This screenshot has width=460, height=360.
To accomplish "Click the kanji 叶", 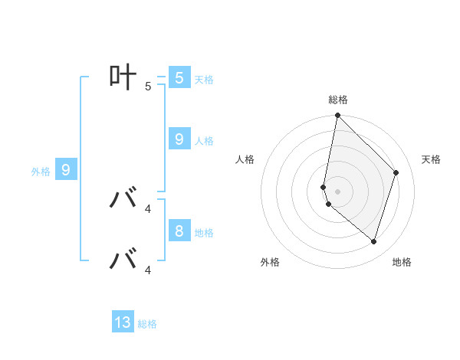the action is [x=123, y=77].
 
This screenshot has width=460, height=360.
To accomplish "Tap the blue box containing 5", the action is [x=179, y=78].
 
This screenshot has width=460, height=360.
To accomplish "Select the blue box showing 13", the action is [x=123, y=322].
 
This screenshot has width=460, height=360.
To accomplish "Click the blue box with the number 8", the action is [x=179, y=231].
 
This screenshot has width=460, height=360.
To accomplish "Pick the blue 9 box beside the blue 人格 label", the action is [x=179, y=139].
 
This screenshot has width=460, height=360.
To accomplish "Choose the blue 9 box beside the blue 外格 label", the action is [x=66, y=170].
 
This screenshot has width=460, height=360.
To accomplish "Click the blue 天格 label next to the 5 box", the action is [x=204, y=79].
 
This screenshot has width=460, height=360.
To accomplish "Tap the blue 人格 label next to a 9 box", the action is [x=204, y=141].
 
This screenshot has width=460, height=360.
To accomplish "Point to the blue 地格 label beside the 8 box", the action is [x=204, y=232].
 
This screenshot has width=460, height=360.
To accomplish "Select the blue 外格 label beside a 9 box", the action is [x=41, y=172].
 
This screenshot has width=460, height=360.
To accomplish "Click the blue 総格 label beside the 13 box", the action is [x=147, y=324].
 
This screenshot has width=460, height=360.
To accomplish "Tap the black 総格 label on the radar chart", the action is [x=337, y=100].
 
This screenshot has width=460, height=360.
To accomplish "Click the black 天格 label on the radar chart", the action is [x=431, y=159].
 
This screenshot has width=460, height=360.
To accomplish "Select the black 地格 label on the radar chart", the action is [x=402, y=262].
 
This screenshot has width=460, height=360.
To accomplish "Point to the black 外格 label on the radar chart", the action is [x=270, y=262].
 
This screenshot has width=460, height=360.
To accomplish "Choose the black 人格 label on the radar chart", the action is [x=245, y=159].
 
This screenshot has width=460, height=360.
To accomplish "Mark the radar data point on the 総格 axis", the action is [x=337, y=116].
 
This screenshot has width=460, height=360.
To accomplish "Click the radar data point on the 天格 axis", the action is [x=396, y=172].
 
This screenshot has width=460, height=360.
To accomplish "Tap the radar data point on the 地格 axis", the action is [x=373, y=241].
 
